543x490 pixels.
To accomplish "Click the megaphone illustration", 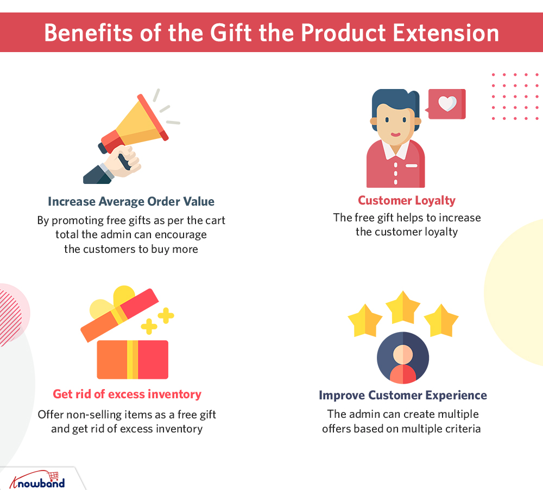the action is [x=131, y=136].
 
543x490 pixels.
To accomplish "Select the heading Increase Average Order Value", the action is [x=131, y=201].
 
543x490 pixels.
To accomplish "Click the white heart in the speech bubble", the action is [x=447, y=104].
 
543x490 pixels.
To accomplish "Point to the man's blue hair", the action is [x=395, y=100].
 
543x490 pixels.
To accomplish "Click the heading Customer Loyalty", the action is [x=407, y=200].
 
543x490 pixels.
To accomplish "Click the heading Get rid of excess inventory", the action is [x=127, y=394].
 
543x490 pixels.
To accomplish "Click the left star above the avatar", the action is [x=365, y=321].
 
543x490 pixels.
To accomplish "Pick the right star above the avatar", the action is [x=441, y=321].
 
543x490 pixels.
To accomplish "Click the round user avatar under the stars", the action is [x=403, y=358].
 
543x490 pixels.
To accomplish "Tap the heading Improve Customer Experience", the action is [x=403, y=395].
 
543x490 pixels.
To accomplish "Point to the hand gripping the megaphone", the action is [x=123, y=161].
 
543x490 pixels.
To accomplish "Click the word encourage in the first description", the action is [x=181, y=235].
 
